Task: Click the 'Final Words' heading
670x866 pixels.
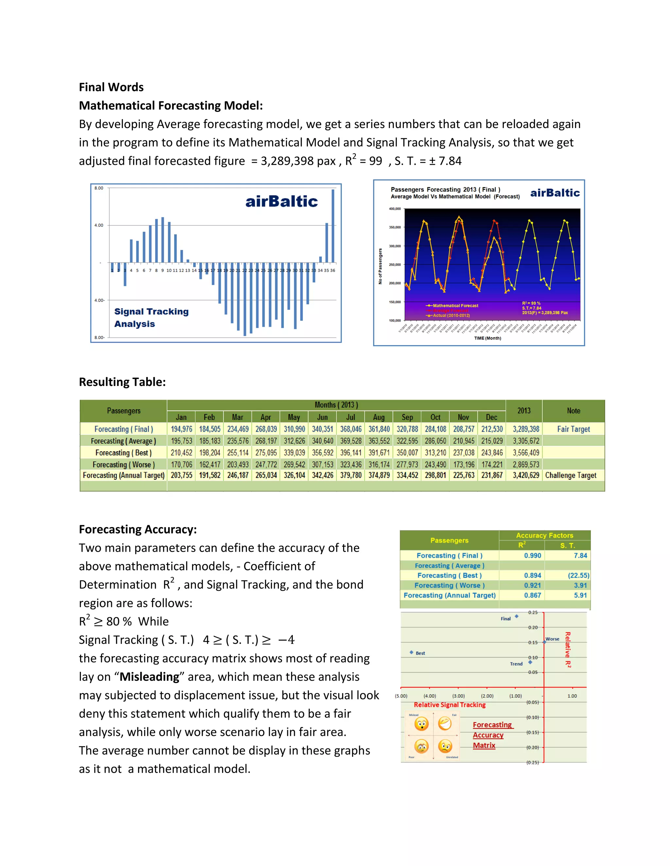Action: (111, 87)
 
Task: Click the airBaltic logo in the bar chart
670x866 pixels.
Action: (281, 201)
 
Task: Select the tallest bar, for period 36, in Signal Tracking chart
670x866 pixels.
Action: (333, 226)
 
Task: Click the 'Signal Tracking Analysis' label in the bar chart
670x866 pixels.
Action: (151, 318)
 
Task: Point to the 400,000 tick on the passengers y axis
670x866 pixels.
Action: (395, 209)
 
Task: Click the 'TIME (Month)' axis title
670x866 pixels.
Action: (487, 338)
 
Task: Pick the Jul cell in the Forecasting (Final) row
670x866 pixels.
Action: (350, 429)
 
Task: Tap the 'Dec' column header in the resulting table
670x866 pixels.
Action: (491, 417)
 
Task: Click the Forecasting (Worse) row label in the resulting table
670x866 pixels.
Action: (123, 464)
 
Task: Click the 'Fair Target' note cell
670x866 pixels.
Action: (573, 429)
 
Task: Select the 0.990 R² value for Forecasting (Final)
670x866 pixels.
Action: (532, 556)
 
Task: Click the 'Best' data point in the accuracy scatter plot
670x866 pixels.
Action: (412, 652)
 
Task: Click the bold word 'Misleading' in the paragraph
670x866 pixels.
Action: (149, 676)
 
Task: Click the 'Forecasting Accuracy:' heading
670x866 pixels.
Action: (138, 529)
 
